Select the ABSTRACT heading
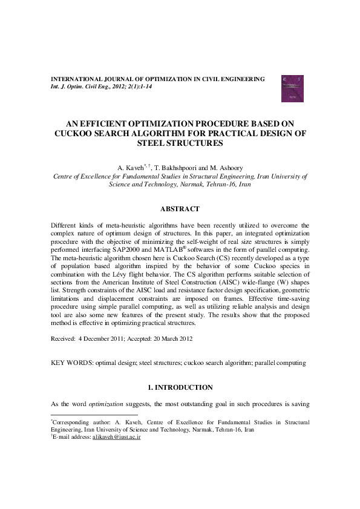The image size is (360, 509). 179,209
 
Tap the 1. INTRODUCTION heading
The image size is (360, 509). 180,387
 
